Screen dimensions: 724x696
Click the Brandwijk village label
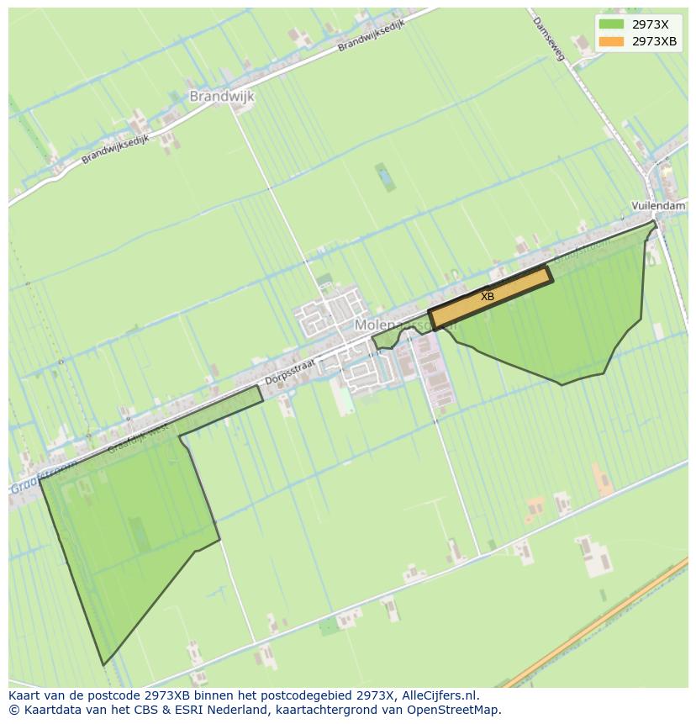[x=221, y=97]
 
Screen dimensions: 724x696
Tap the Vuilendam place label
[x=658, y=206]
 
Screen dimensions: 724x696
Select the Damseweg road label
[x=551, y=39]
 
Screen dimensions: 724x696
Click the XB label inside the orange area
[x=488, y=297]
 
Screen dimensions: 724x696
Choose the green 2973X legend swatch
[x=611, y=24]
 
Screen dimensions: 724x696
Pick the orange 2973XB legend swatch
[x=611, y=41]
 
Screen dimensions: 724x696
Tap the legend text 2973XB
[x=654, y=41]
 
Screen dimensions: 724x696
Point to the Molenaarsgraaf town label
[x=395, y=325]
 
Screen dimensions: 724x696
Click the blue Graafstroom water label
[x=42, y=478]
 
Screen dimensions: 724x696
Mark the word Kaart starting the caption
[x=25, y=695]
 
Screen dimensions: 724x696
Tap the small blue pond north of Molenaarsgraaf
[x=384, y=177]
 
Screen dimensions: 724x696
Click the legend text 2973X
[x=650, y=24]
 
